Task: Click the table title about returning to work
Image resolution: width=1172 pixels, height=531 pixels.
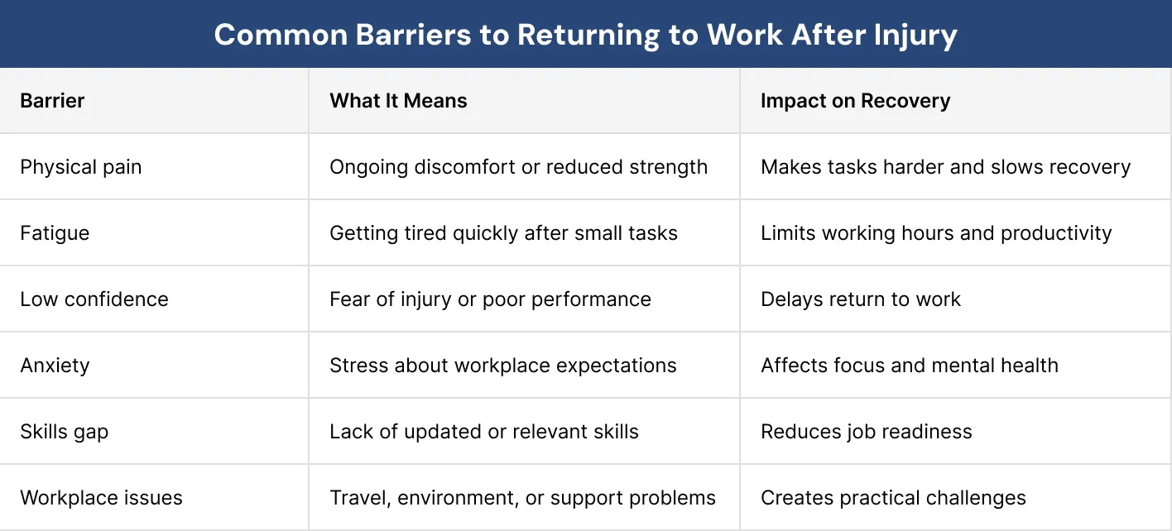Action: (585, 35)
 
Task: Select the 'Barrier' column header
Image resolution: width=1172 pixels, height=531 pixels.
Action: (52, 101)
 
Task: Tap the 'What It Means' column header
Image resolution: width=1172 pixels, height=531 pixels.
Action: (398, 101)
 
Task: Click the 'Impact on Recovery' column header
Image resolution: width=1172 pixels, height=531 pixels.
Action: (855, 101)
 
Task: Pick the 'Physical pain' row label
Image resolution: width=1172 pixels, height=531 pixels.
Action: (81, 167)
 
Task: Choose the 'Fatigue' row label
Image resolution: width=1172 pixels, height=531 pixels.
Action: (55, 233)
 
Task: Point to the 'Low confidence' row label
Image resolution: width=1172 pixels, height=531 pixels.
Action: (94, 299)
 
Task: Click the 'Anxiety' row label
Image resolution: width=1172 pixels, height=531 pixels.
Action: (55, 366)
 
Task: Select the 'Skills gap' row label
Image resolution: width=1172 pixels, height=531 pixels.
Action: (65, 432)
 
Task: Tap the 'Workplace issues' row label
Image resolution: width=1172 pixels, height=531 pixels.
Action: (101, 498)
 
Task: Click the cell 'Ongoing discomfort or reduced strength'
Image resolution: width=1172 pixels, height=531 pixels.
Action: (518, 167)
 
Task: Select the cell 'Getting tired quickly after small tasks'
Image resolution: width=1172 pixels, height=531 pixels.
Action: (503, 233)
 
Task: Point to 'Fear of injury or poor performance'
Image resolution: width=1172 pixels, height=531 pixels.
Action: (490, 299)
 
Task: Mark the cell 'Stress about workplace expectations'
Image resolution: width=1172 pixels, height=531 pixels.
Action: (502, 366)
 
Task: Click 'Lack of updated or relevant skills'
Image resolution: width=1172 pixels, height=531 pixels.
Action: (483, 432)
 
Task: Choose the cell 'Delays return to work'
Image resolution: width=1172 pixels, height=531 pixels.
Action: (861, 299)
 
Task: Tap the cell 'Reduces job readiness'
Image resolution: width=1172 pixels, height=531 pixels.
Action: (867, 432)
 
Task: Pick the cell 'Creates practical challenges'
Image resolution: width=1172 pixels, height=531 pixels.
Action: (893, 498)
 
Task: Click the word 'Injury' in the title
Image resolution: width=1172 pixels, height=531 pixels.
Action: (920, 35)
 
